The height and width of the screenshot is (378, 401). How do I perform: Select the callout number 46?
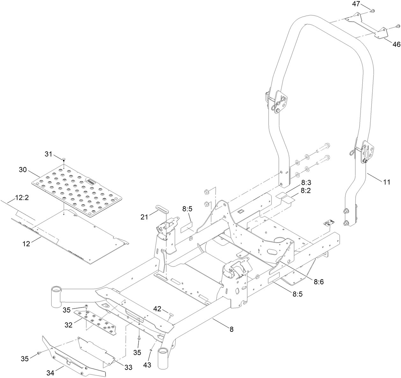[396, 45]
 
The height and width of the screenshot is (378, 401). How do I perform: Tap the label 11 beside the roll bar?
[386, 182]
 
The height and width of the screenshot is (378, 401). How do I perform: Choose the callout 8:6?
[319, 282]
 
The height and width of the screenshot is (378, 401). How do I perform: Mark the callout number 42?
[157, 309]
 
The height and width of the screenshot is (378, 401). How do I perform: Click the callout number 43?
[147, 364]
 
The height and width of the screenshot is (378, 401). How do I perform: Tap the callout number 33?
[128, 367]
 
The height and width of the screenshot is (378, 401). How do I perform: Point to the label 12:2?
[21, 198]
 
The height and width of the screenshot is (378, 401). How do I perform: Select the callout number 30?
[23, 170]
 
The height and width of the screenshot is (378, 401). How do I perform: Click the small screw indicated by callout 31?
[64, 159]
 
